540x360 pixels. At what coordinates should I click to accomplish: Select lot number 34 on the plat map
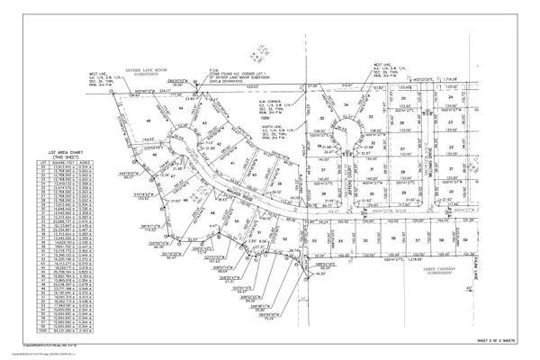tap(346, 104)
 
